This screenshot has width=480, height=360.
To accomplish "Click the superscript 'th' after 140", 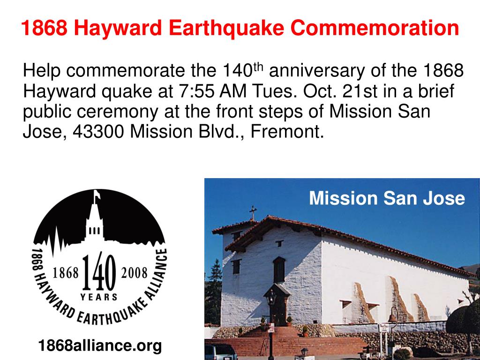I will pyautogui.click(x=259, y=67).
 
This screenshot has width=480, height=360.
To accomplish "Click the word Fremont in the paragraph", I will pyautogui.click(x=287, y=132).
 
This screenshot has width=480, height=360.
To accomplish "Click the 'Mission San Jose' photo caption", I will pyautogui.click(x=387, y=198).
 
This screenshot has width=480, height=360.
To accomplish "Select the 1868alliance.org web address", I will pyautogui.click(x=100, y=346).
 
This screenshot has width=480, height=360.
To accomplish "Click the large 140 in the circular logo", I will pyautogui.click(x=99, y=272).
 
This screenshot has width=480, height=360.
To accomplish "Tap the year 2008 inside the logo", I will pyautogui.click(x=134, y=273).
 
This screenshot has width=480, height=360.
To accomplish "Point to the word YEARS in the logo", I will pyautogui.click(x=99, y=297).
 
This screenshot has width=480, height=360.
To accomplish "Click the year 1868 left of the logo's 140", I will pyautogui.click(x=65, y=273).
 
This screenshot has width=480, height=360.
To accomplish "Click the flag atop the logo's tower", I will pyautogui.click(x=97, y=193).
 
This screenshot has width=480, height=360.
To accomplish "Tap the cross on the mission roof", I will pyautogui.click(x=253, y=212).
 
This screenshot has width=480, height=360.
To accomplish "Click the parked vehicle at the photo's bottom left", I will pyautogui.click(x=221, y=352).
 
